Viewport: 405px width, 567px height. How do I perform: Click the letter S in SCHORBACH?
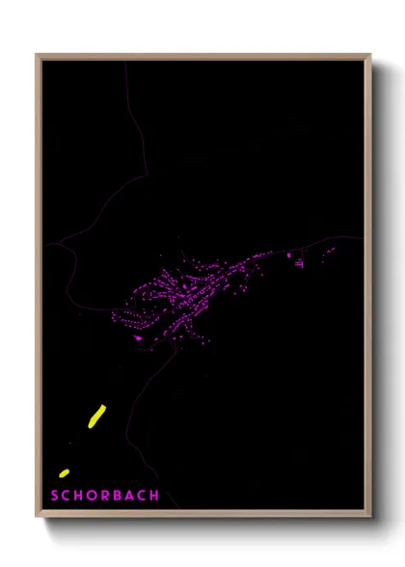[55, 496]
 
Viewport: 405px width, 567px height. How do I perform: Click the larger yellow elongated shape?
[96, 416]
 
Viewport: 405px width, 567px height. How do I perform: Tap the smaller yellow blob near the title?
[65, 472]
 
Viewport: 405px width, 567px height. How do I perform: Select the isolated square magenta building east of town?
[288, 255]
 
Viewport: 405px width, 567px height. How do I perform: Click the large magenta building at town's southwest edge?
[138, 337]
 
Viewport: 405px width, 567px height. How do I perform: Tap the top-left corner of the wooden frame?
[38, 55]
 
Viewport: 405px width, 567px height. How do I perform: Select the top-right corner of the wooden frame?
[369, 55]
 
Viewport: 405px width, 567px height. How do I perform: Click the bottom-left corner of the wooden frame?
[38, 517]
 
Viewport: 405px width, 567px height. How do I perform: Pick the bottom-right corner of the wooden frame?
[369, 517]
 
